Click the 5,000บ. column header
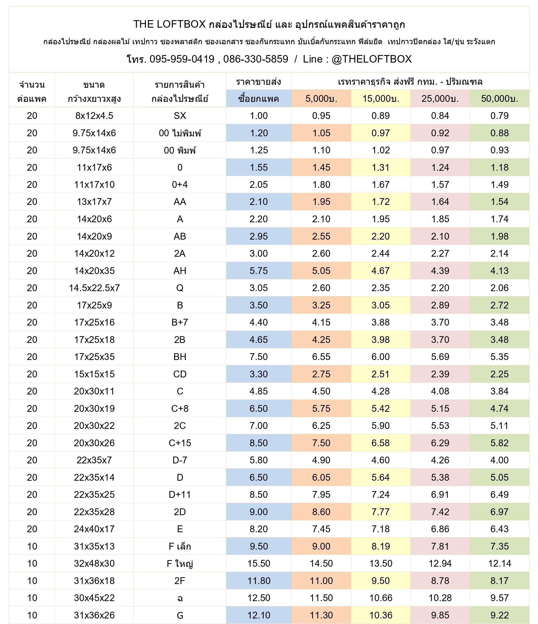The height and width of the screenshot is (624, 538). (321, 99)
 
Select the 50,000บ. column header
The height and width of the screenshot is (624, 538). (500, 99)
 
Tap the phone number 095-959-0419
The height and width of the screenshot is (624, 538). (182, 59)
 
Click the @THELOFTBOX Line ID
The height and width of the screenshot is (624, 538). (371, 59)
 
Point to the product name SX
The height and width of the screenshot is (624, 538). (180, 116)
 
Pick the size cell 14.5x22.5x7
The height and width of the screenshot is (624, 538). (94, 288)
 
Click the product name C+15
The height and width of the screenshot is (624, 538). (180, 443)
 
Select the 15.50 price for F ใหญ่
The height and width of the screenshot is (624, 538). (259, 563)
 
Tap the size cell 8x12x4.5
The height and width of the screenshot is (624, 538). (94, 116)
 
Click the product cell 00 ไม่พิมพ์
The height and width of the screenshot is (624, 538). (180, 133)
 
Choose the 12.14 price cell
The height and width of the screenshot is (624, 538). (500, 563)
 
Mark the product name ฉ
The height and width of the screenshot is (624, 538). (180, 598)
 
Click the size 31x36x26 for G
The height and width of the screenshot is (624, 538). (94, 615)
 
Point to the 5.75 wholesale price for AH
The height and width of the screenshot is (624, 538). (259, 271)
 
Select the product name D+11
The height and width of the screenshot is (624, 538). (180, 495)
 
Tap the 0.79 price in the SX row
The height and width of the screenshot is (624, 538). (500, 116)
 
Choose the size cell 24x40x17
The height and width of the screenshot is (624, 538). (94, 529)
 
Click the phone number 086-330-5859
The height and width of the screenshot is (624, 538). (255, 59)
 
